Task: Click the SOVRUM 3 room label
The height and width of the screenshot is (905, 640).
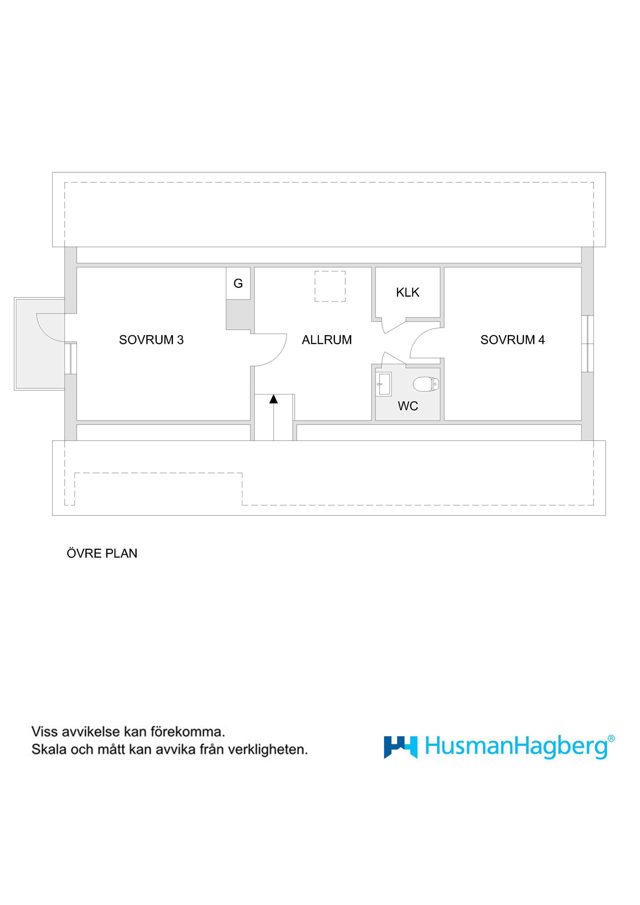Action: [151, 340]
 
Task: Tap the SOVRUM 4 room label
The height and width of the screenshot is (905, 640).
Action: [512, 340]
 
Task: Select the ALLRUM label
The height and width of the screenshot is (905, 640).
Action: [327, 340]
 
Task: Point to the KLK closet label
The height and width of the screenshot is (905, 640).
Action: [407, 293]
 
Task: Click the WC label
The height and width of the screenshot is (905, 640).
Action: [408, 406]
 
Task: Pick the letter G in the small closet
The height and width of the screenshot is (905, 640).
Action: [238, 284]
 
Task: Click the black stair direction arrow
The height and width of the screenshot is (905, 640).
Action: [274, 399]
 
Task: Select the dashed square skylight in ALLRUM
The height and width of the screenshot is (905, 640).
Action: [330, 287]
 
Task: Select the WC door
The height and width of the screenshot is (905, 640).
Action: [394, 358]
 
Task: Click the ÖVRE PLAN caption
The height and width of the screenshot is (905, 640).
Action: [102, 553]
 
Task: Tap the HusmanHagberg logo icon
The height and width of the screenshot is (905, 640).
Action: [400, 747]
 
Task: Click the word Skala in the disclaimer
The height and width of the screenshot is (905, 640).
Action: [49, 749]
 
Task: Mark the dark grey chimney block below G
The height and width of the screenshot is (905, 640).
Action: [238, 315]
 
